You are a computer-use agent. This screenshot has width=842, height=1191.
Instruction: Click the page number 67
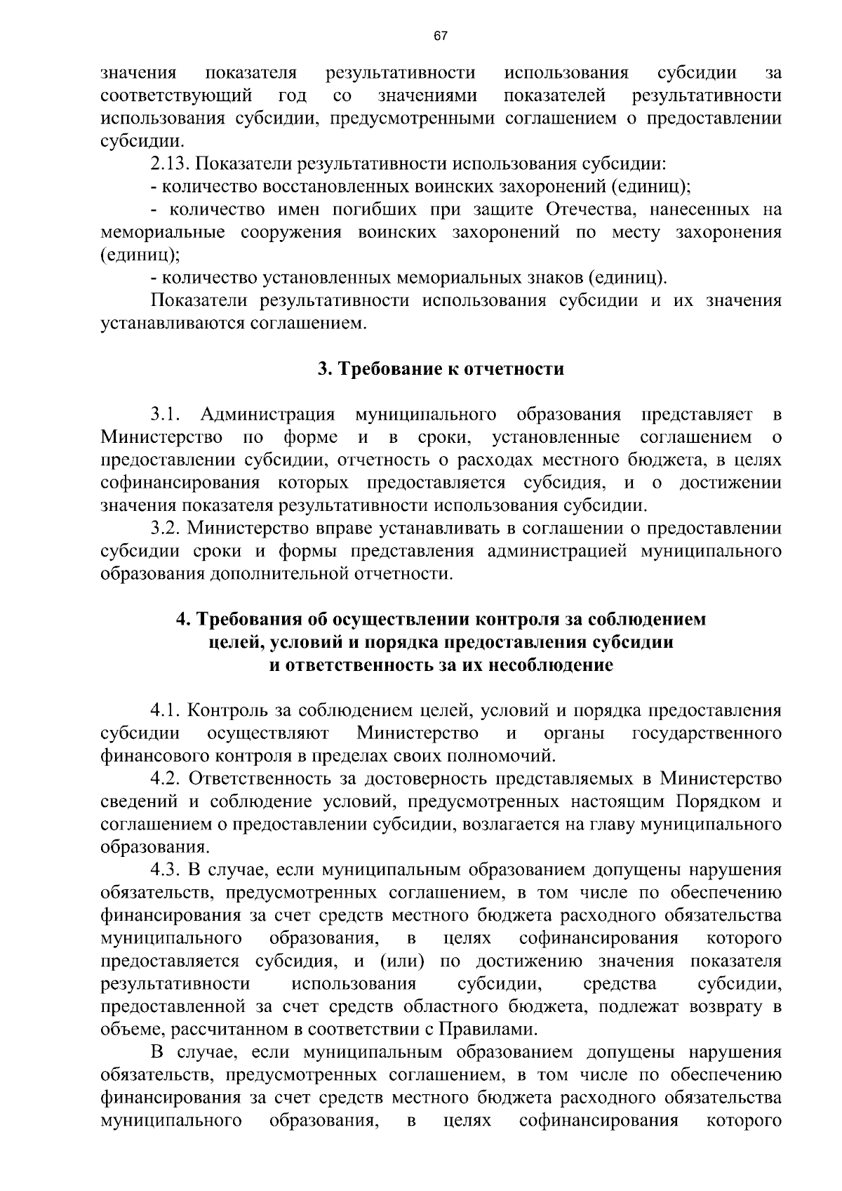440,36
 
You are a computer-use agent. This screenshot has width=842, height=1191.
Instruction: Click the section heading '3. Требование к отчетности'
441,369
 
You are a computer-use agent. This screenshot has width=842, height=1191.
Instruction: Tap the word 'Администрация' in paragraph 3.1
268,415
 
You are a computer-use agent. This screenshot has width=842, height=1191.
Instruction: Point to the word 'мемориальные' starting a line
163,232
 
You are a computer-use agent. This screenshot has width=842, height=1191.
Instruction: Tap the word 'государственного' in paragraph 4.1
707,733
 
